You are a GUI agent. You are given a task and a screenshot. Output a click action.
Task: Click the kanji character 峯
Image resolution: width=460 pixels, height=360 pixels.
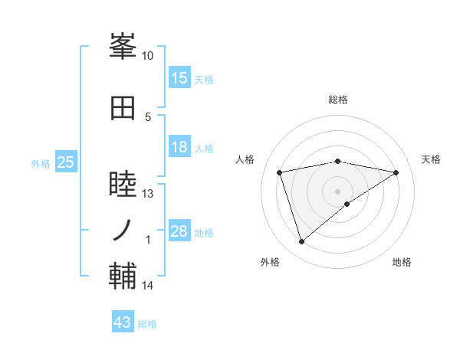[x=123, y=47]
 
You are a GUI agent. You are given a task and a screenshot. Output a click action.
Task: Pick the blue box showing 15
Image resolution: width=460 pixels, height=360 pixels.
[x=179, y=78]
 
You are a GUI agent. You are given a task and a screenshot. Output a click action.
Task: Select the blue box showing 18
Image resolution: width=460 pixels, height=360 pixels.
[x=179, y=148]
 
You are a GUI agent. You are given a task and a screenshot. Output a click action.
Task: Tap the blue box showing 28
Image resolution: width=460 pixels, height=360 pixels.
[x=179, y=231]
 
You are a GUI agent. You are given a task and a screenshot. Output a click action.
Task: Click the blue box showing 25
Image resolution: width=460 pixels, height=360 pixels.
[x=65, y=162]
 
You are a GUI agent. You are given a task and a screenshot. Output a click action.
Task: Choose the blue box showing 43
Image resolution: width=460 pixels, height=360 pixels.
[x=123, y=322]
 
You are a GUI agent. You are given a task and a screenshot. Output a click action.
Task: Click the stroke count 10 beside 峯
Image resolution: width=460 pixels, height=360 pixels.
[x=148, y=56]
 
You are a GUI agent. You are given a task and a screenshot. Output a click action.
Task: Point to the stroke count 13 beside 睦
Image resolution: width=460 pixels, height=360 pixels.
[x=148, y=194]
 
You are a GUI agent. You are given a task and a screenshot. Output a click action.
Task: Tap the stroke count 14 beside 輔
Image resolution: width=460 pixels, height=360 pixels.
[x=148, y=286]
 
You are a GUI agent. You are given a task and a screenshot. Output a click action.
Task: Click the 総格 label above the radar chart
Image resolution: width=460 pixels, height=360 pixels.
[x=337, y=100]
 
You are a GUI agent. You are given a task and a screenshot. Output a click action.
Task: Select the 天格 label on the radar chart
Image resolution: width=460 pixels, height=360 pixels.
[x=431, y=159]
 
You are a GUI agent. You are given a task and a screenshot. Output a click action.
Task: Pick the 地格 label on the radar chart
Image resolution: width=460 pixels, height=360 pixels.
[x=402, y=263]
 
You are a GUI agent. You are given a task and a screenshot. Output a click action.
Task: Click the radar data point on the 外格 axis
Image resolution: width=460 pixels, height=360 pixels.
[x=301, y=241]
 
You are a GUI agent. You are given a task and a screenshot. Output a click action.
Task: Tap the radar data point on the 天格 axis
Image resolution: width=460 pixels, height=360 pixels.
[x=396, y=172]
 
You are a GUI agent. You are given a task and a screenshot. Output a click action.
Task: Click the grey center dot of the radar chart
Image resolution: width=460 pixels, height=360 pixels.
[x=337, y=191]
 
